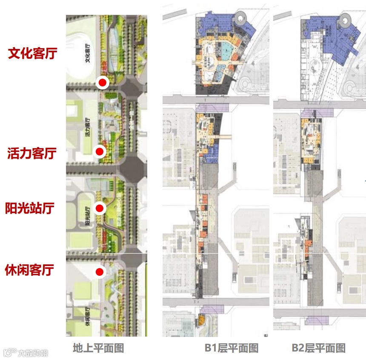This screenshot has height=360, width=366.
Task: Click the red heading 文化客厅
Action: [32, 54]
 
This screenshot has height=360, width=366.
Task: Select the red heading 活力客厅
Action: [32, 153]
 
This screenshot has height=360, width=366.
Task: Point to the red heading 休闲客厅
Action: [29, 270]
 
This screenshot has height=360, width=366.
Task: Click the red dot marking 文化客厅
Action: [102, 82]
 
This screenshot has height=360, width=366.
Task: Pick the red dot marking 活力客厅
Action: [100, 151]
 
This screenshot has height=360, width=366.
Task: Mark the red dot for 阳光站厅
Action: [100, 208]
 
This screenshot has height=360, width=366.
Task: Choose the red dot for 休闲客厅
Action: [100, 272]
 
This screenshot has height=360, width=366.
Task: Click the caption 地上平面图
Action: [98, 348]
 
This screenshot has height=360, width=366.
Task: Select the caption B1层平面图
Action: [232, 348]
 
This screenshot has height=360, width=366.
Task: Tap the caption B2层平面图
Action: [318, 348]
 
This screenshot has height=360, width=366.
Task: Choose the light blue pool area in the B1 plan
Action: [226, 52]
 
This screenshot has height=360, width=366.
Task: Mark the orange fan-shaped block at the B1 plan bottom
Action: [201, 319]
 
